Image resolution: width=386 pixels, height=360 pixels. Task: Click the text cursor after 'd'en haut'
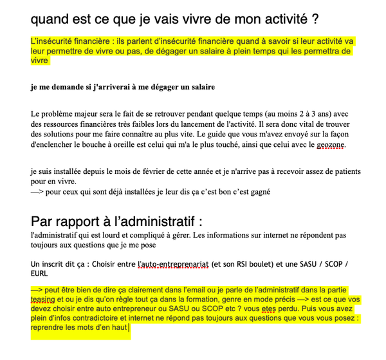pyautogui.click(x=129, y=327)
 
